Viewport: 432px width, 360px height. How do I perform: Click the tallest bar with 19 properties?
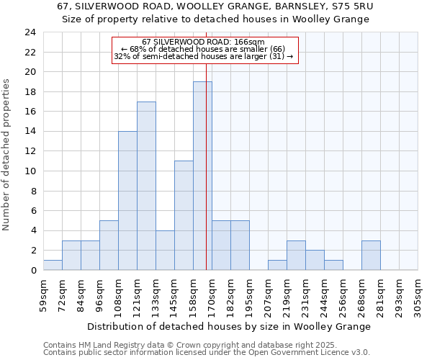[202, 176]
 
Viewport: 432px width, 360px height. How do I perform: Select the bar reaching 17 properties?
[146, 186]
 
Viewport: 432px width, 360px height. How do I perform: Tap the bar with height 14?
[127, 201]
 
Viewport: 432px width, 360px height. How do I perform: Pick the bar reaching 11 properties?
[184, 215]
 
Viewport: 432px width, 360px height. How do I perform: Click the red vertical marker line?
[206, 144]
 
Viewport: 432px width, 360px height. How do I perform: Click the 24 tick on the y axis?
[30, 32]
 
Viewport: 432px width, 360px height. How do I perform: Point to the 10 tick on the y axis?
[30, 171]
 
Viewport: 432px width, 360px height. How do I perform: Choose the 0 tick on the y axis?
[33, 271]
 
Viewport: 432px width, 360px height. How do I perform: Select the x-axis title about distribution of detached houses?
[230, 326]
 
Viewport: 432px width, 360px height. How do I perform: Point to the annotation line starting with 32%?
[204, 56]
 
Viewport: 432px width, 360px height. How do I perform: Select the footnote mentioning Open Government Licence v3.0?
[206, 352]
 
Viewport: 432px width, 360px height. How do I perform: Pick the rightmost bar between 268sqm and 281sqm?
[371, 256]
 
